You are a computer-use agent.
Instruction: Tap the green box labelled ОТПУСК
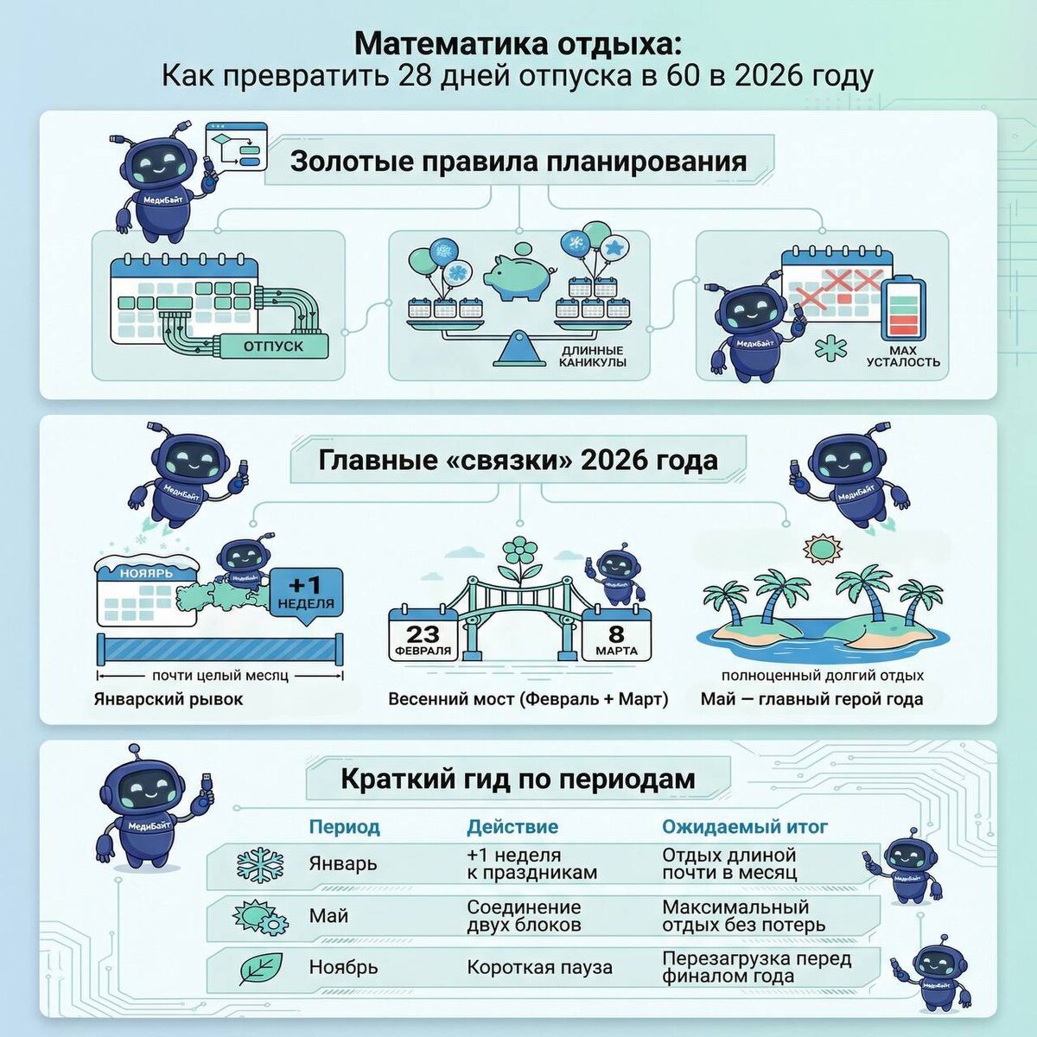pyautogui.click(x=273, y=347)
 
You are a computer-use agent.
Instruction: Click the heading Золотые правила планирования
pyautogui.click(x=518, y=162)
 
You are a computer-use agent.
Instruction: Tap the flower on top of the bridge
pyautogui.click(x=518, y=552)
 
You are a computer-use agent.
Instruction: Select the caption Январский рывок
pyautogui.click(x=169, y=699)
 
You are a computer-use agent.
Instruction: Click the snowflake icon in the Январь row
pyautogui.click(x=259, y=864)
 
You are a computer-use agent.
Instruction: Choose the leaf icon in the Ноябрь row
pyautogui.click(x=259, y=968)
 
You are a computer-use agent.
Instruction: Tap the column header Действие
pyautogui.click(x=512, y=827)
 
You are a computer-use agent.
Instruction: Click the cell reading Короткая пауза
pyautogui.click(x=539, y=968)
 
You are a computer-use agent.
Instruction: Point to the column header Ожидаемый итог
pyautogui.click(x=745, y=827)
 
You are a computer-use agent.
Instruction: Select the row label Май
pyautogui.click(x=328, y=916)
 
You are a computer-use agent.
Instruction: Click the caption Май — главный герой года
pyautogui.click(x=811, y=699)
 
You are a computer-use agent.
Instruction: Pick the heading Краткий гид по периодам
pyautogui.click(x=518, y=779)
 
